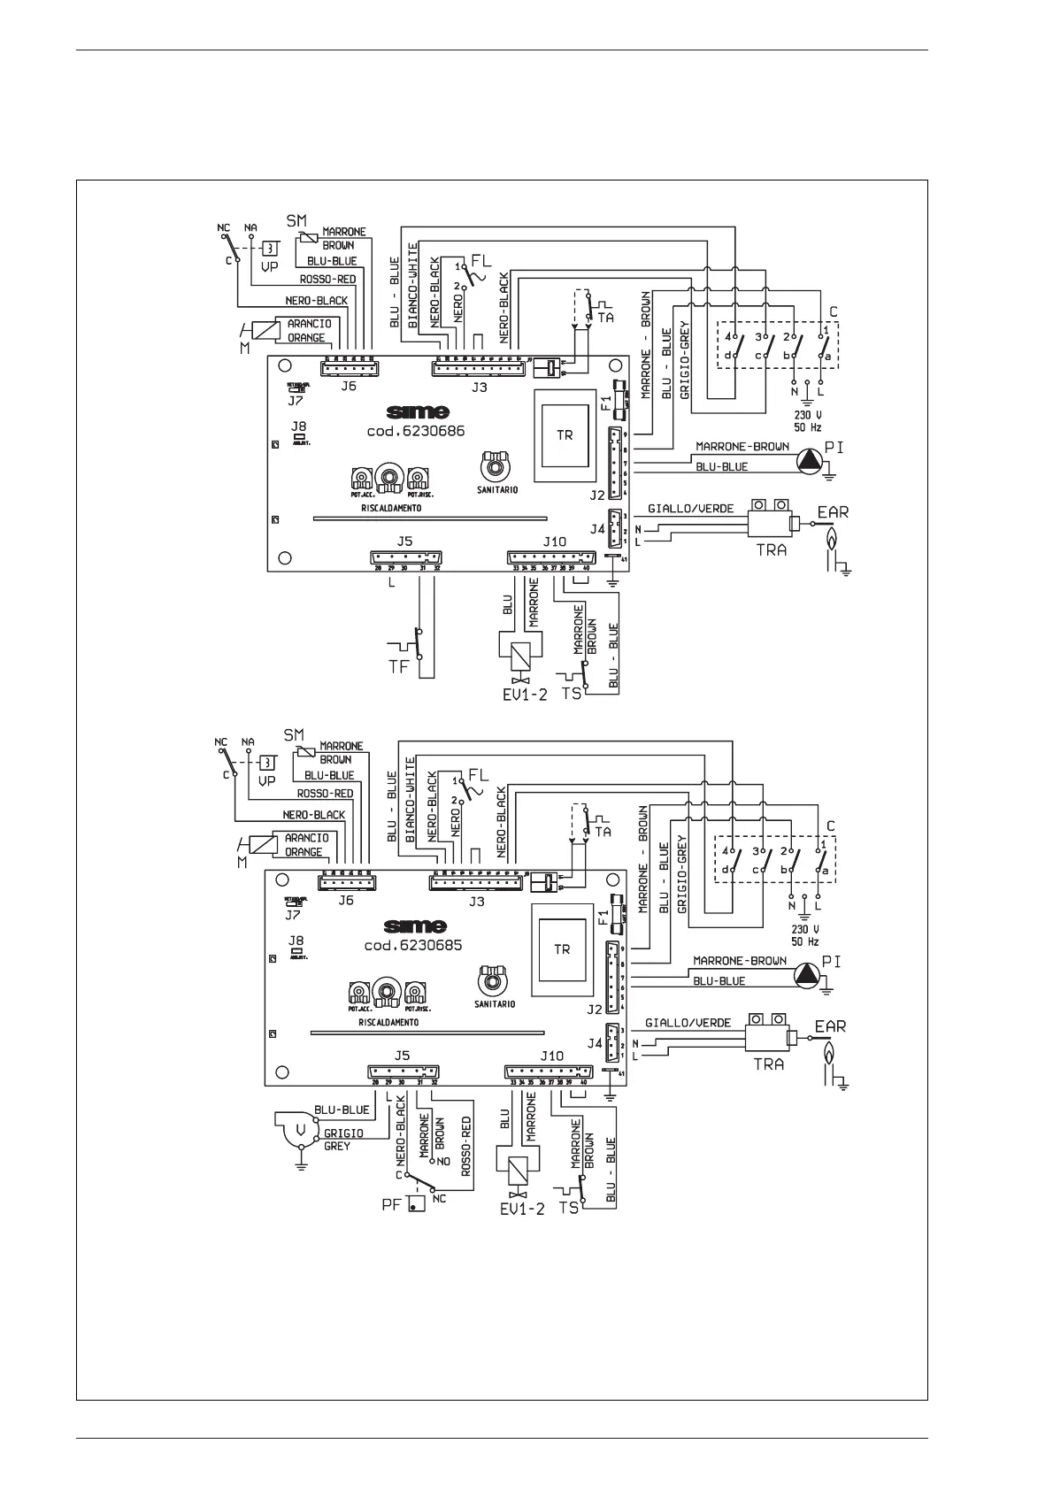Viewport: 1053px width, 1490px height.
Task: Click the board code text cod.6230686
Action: (415, 432)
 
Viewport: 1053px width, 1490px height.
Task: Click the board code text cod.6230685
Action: (413, 945)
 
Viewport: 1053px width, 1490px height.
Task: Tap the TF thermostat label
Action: (399, 666)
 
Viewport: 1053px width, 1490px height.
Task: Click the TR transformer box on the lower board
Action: (562, 949)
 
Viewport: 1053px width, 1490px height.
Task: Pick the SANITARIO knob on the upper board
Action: (495, 463)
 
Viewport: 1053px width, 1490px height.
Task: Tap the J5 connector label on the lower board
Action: (403, 1055)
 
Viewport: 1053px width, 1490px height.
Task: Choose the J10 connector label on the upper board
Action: (554, 541)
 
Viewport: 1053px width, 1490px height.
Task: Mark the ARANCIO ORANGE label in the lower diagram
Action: (306, 845)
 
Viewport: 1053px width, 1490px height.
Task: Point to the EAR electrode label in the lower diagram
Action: (830, 1026)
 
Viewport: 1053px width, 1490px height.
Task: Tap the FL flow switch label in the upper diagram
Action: (480, 262)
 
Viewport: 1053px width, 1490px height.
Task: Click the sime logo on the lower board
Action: (415, 925)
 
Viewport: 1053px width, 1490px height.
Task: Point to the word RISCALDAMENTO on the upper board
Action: (390, 509)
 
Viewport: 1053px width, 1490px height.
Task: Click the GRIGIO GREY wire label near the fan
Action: (336, 1139)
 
